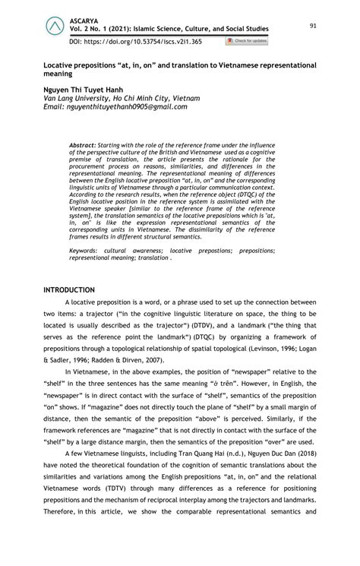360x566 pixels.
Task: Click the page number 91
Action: coord(313,27)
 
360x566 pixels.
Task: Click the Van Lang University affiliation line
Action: coord(122,99)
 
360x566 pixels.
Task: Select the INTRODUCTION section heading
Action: coord(69,290)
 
